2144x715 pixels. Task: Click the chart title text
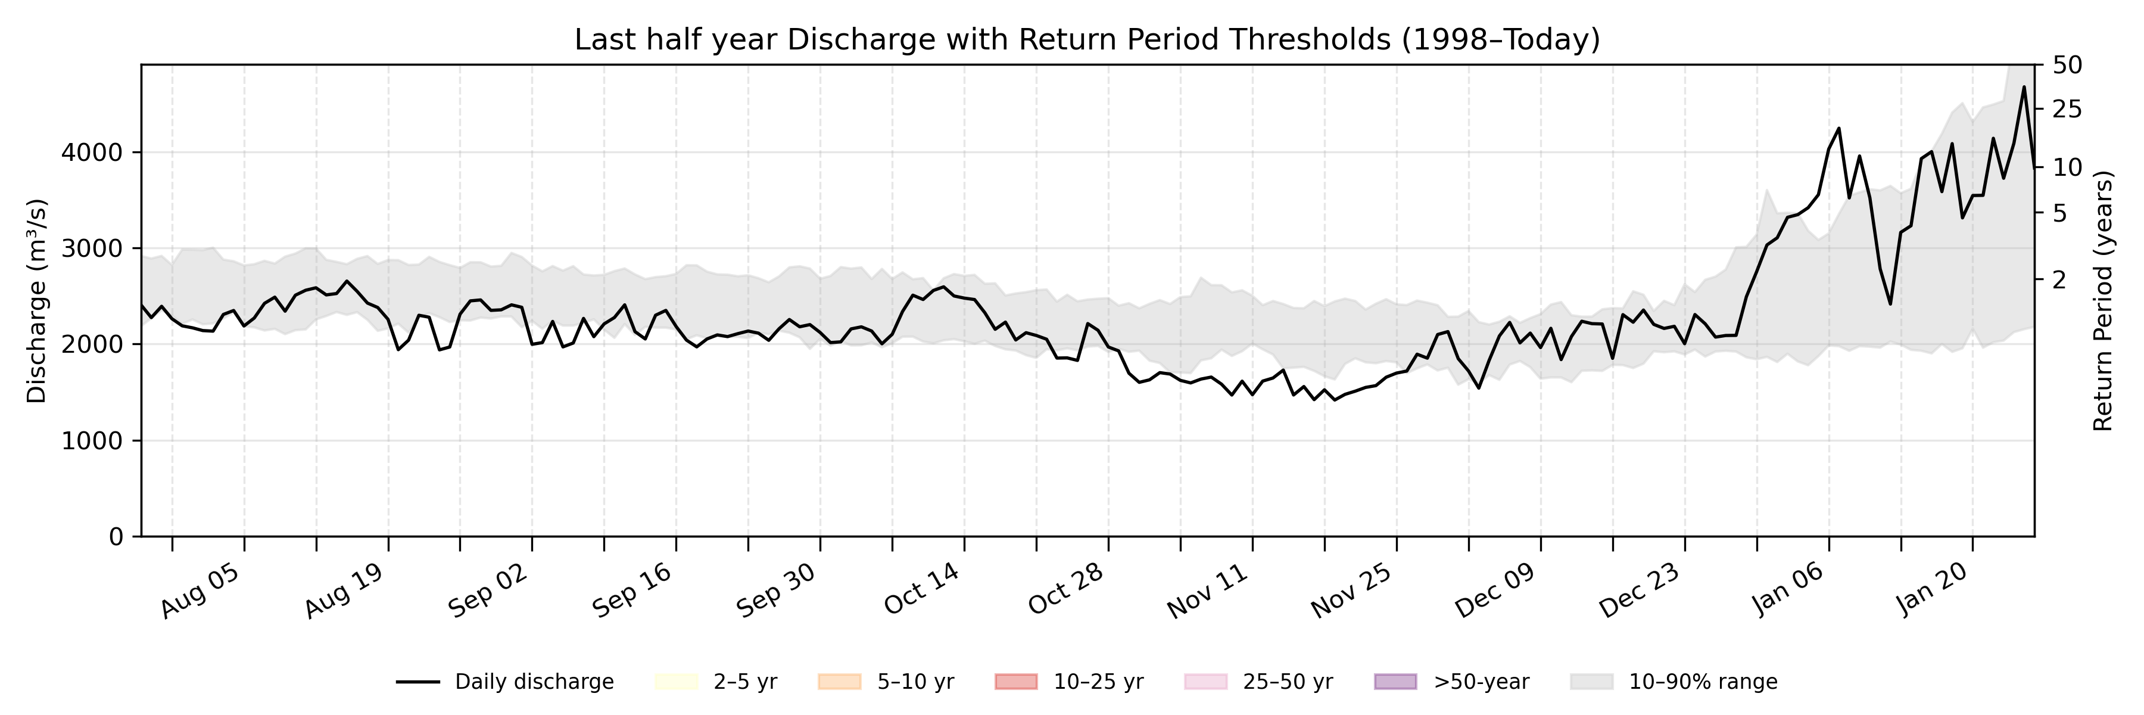coord(1087,39)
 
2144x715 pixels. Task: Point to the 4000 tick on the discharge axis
coord(92,153)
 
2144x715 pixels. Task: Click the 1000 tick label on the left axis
coord(92,440)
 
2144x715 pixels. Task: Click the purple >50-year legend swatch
coord(1395,682)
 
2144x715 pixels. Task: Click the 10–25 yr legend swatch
coord(1016,682)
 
